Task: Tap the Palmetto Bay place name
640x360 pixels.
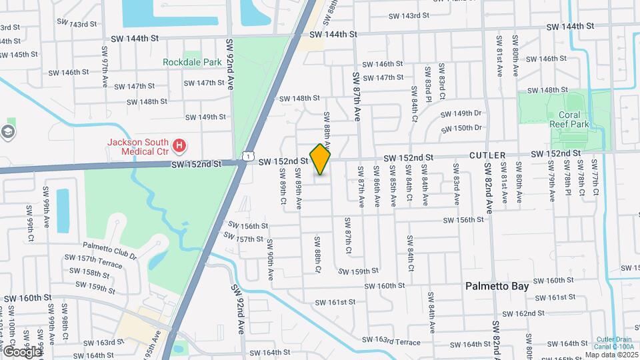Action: tap(497, 286)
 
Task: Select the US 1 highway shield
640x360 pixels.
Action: tap(247, 155)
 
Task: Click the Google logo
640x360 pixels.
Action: tap(21, 351)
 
